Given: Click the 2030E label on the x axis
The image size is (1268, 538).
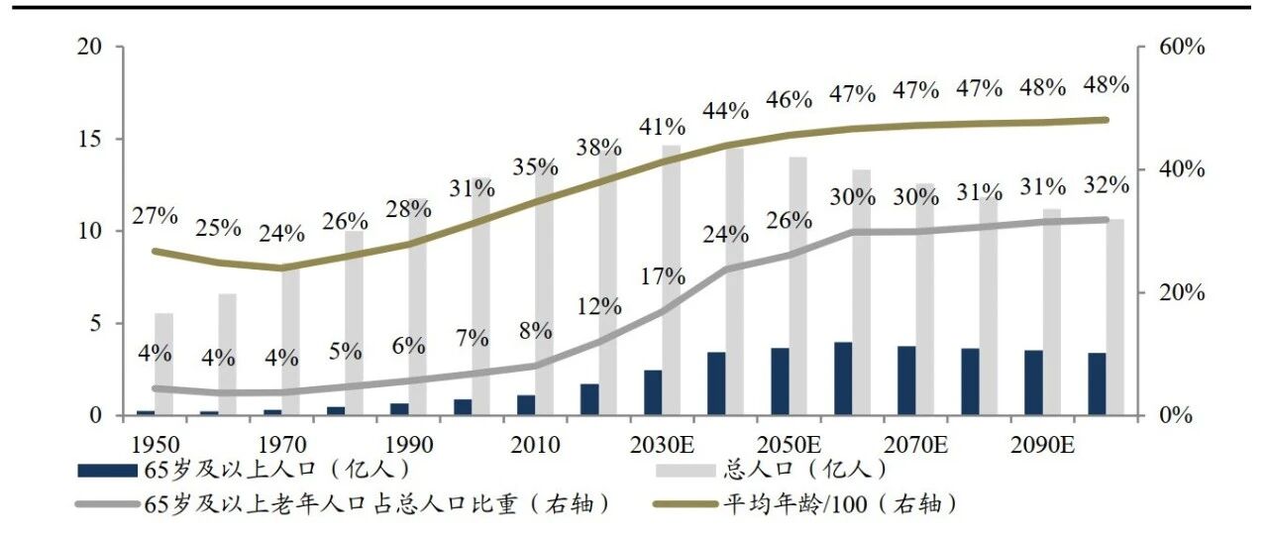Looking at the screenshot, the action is (x=662, y=445).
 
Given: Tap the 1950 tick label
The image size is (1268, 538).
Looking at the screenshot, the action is (x=156, y=445).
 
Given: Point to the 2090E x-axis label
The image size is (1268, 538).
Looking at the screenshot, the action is (x=1042, y=445).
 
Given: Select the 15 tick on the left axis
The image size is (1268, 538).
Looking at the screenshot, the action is (x=89, y=139).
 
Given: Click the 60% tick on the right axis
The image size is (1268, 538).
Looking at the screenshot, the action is (x=1182, y=47).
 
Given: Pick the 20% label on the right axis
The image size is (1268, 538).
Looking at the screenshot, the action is (x=1182, y=293).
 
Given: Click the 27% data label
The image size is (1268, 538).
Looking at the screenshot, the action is (x=155, y=216).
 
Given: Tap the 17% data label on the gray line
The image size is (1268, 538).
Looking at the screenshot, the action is (x=663, y=275).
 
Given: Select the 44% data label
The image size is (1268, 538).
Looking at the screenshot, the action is (x=726, y=111).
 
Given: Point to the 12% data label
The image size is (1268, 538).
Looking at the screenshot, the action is (x=599, y=306).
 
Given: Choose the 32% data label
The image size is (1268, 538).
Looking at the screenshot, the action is (x=1107, y=185).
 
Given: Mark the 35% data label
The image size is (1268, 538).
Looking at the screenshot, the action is (x=536, y=167).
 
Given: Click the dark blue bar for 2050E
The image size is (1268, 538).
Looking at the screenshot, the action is (x=780, y=381).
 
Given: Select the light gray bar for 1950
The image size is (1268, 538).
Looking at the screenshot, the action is (x=164, y=365).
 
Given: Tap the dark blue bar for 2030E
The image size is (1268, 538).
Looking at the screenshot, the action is (x=653, y=393).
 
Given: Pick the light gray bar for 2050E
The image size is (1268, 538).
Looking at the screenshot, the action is (x=797, y=286).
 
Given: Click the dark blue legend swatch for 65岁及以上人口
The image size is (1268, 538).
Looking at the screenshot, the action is (x=108, y=470).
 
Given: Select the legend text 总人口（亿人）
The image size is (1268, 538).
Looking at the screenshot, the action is (x=805, y=470).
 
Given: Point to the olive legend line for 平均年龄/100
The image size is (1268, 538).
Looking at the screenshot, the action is (x=687, y=503).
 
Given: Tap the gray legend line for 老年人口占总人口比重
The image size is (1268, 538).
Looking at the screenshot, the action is (x=108, y=503).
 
